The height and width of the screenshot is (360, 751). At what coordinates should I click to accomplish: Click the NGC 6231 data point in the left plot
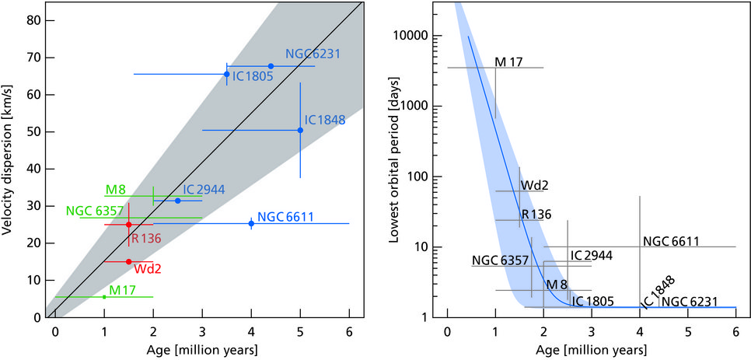[271, 66]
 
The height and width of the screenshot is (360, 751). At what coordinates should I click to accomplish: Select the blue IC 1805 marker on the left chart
[226, 74]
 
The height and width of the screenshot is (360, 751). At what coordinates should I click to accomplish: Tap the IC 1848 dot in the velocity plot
[300, 130]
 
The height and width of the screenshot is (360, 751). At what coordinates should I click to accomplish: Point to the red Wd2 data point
[129, 261]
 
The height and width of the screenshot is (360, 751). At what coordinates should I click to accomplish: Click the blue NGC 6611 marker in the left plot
[251, 223]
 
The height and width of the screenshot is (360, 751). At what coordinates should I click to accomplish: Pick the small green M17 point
[104, 296]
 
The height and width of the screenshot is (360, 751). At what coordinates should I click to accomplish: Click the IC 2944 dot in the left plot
[178, 201]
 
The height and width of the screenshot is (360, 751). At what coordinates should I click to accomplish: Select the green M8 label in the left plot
[116, 190]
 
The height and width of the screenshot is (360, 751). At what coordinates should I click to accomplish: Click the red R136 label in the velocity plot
[146, 238]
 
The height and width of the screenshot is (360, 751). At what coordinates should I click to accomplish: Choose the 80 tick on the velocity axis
[34, 20]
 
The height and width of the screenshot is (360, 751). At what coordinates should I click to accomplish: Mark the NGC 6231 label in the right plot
[689, 301]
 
